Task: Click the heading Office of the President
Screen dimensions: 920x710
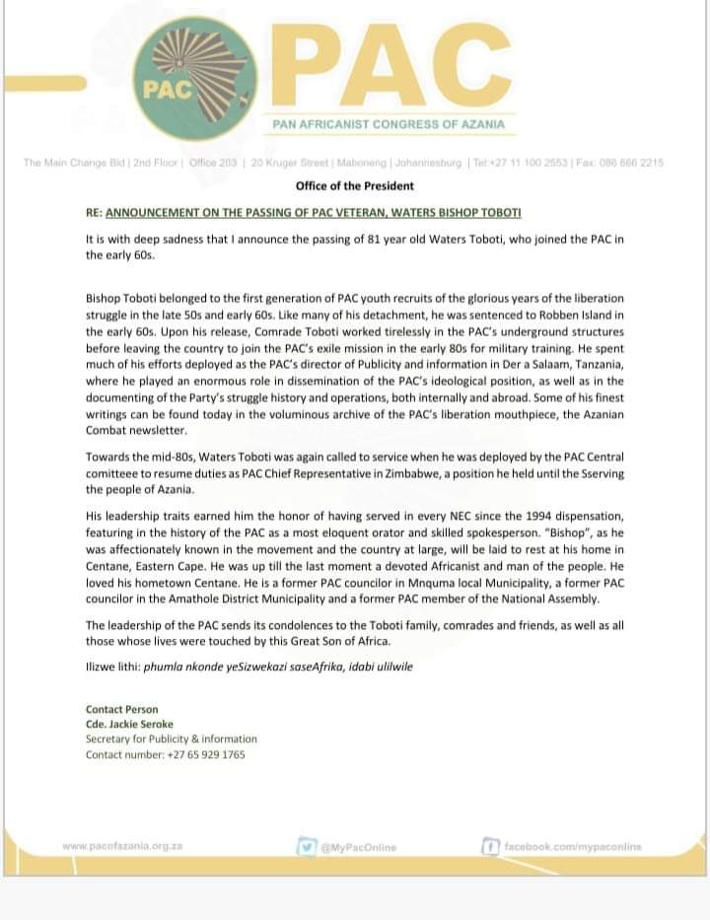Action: coord(355,185)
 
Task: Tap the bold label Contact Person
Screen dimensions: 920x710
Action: coord(121,709)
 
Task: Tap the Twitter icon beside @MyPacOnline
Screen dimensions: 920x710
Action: coord(306,846)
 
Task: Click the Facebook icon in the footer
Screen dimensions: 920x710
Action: coord(490,846)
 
